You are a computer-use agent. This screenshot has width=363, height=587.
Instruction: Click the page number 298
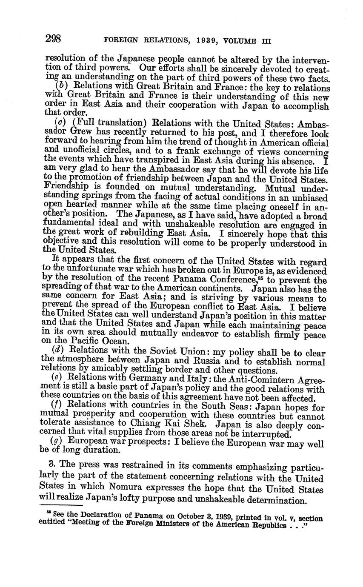click(54, 39)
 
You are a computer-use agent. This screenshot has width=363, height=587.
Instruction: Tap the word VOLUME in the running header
click(241, 41)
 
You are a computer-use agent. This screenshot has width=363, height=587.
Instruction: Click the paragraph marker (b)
click(62, 88)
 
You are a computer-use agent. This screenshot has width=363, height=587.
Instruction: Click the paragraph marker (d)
click(58, 350)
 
